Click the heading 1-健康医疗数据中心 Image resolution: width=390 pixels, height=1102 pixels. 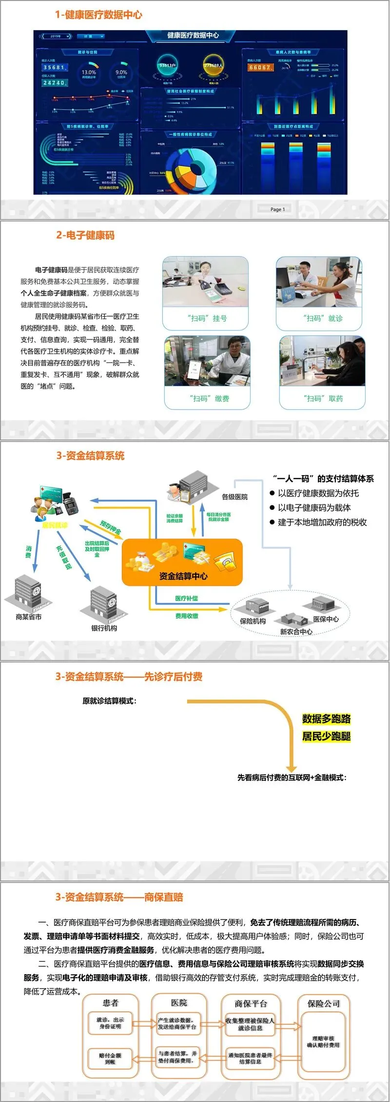point(98,15)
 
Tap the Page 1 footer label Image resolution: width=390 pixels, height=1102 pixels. point(277,209)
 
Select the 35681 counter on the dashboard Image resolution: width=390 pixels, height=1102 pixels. point(55,67)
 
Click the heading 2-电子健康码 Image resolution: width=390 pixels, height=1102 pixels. point(85,236)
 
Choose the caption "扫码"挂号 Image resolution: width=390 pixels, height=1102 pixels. point(207,319)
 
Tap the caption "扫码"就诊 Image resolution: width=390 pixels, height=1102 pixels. point(323,319)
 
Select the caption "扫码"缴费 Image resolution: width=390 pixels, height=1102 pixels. point(209,399)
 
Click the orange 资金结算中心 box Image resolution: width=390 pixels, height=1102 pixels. point(182,562)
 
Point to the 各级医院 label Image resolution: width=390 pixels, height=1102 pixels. point(234,497)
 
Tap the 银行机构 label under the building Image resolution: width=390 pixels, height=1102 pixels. point(104,628)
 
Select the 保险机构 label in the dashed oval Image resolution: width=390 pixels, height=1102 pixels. point(253,621)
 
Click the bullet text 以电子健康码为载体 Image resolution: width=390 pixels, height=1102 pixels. point(314,508)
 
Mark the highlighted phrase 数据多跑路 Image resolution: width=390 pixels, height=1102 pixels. point(326,719)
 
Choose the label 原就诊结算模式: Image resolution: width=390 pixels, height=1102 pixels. point(110,701)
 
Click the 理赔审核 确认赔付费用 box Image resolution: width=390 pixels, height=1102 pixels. point(323,1042)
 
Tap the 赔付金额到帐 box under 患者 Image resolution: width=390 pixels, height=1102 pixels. point(110,1059)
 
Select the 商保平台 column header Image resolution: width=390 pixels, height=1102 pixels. point(251,1003)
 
